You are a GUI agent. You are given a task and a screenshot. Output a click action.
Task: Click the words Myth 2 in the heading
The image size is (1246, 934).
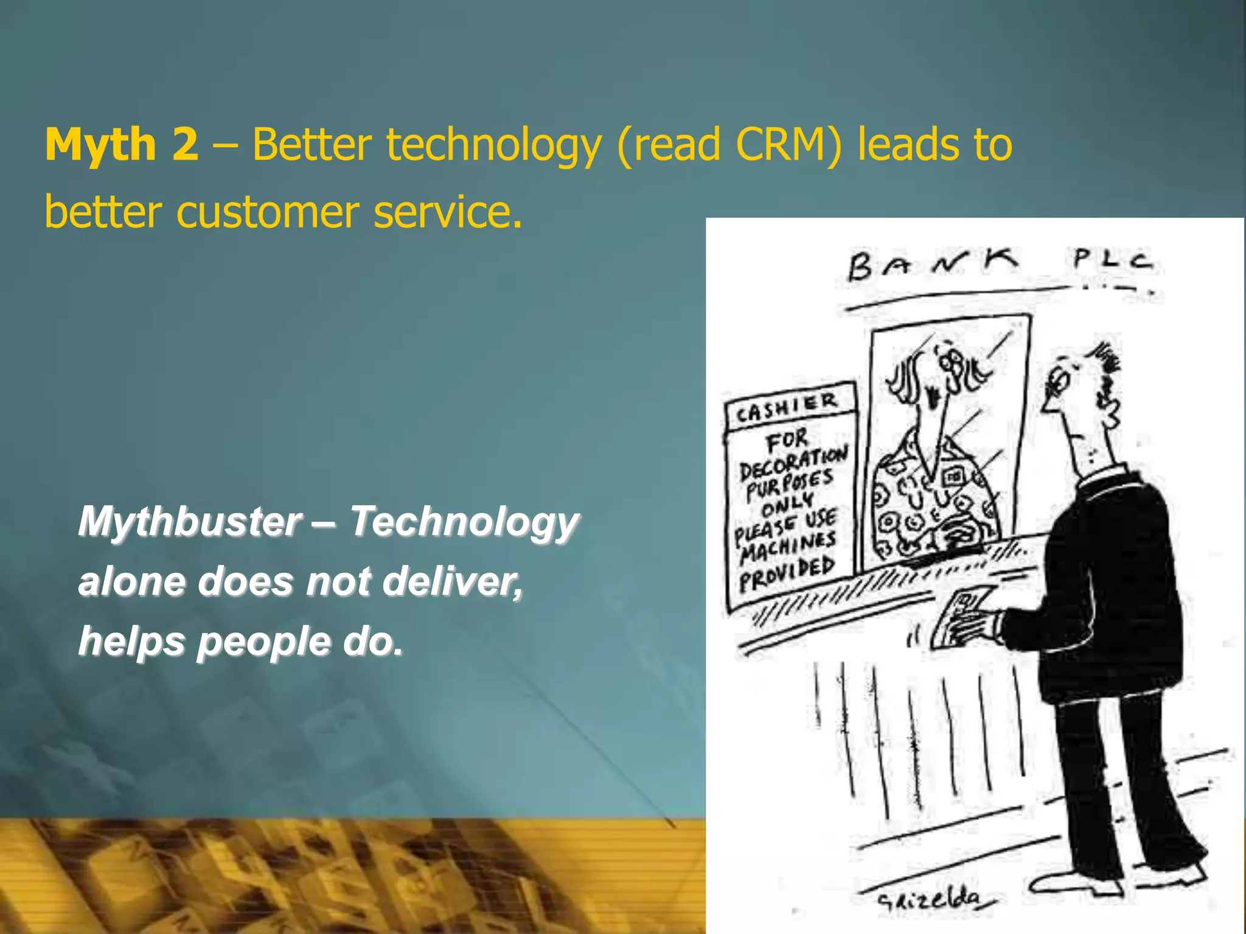(122, 145)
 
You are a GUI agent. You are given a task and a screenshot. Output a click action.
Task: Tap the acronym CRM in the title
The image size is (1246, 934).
(788, 145)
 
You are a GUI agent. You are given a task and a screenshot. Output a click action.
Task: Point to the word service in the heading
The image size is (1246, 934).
(447, 212)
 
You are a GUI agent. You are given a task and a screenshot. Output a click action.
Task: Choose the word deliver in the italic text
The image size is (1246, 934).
(453, 581)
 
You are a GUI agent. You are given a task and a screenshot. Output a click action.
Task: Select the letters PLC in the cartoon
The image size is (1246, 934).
(1112, 260)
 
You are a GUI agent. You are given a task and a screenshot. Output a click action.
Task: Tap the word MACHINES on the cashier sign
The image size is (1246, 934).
(788, 546)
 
